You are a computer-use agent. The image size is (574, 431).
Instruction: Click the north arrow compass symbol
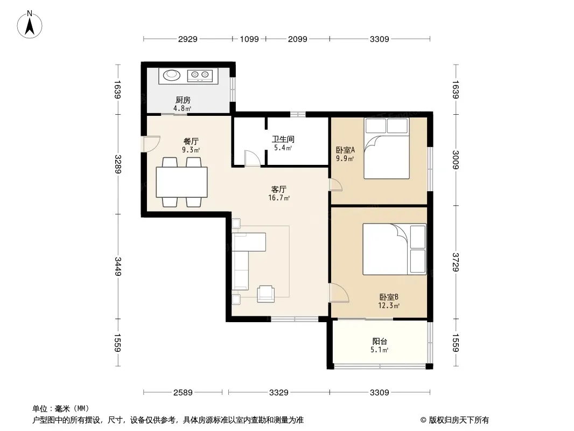click(30, 25)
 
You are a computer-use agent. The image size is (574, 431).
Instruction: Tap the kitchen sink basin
click(172, 75)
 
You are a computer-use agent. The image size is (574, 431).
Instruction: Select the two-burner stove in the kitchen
click(200, 76)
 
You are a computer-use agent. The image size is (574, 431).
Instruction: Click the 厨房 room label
click(183, 100)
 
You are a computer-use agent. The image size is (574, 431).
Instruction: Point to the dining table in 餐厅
click(182, 182)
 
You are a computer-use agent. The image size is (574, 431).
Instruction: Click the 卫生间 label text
click(283, 139)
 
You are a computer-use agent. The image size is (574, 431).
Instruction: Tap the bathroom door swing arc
click(253, 158)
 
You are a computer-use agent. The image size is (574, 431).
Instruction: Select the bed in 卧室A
click(387, 148)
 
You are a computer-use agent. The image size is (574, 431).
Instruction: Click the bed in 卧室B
click(395, 249)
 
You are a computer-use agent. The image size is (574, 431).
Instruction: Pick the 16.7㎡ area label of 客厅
click(279, 198)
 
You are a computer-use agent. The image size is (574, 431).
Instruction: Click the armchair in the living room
click(266, 294)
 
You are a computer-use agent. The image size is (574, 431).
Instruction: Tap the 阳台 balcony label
click(380, 341)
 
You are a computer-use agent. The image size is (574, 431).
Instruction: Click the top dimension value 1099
click(249, 39)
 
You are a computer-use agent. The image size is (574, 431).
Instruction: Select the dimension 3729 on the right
click(456, 262)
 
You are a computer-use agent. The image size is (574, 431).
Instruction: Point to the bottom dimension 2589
click(183, 393)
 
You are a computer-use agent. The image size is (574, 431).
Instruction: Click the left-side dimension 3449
click(118, 267)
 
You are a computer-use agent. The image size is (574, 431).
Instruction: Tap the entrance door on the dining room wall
click(151, 144)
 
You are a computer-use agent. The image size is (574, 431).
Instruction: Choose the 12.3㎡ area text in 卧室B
click(389, 305)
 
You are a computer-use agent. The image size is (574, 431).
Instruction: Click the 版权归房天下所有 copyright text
click(458, 420)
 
